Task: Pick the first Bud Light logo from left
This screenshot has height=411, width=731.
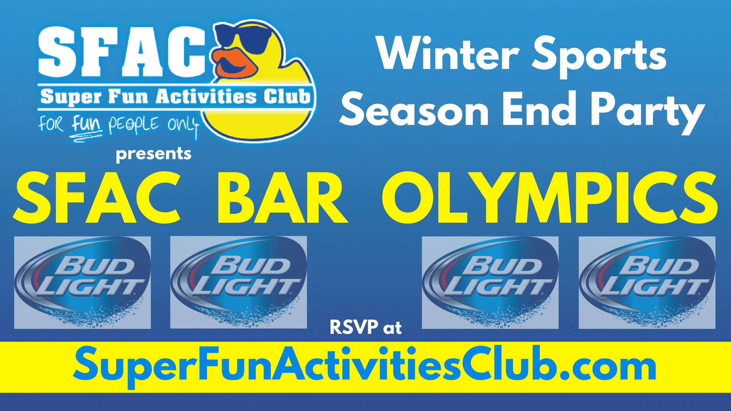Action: [x=82, y=282]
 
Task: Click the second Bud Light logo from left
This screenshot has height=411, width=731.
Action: [x=238, y=282]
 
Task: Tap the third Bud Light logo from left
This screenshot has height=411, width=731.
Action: [x=490, y=282]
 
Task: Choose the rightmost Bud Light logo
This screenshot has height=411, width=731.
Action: [x=647, y=282]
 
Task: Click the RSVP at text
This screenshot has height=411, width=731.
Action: [x=365, y=328]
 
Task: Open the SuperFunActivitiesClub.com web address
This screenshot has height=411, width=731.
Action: [x=364, y=366]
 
